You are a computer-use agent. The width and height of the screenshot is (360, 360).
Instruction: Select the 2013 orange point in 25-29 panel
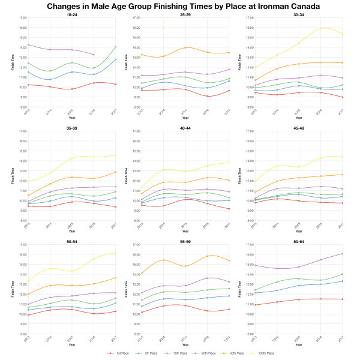(x=139, y=55)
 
